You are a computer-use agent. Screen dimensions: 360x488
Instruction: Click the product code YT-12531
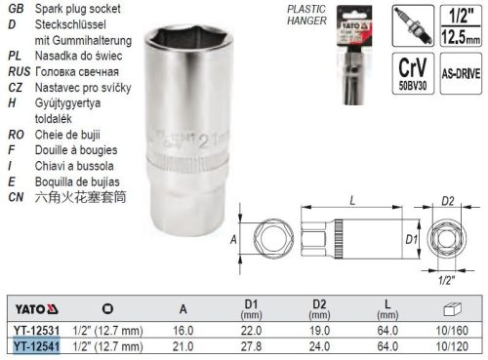(35, 331)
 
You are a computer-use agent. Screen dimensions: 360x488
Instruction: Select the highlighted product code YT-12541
(35, 345)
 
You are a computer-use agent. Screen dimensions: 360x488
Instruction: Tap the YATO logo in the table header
(28, 311)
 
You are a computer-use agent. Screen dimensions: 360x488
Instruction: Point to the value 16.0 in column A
(183, 331)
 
